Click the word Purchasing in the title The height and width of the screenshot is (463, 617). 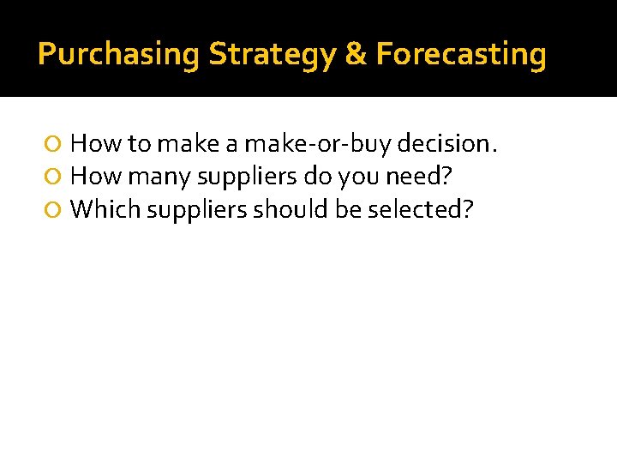(x=118, y=55)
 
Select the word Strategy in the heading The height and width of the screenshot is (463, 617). (x=272, y=55)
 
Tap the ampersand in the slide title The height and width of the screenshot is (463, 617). (x=355, y=55)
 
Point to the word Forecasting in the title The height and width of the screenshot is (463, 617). (x=461, y=55)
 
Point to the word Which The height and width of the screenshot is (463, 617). (x=105, y=210)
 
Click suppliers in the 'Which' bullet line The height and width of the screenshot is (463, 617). (x=199, y=210)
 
